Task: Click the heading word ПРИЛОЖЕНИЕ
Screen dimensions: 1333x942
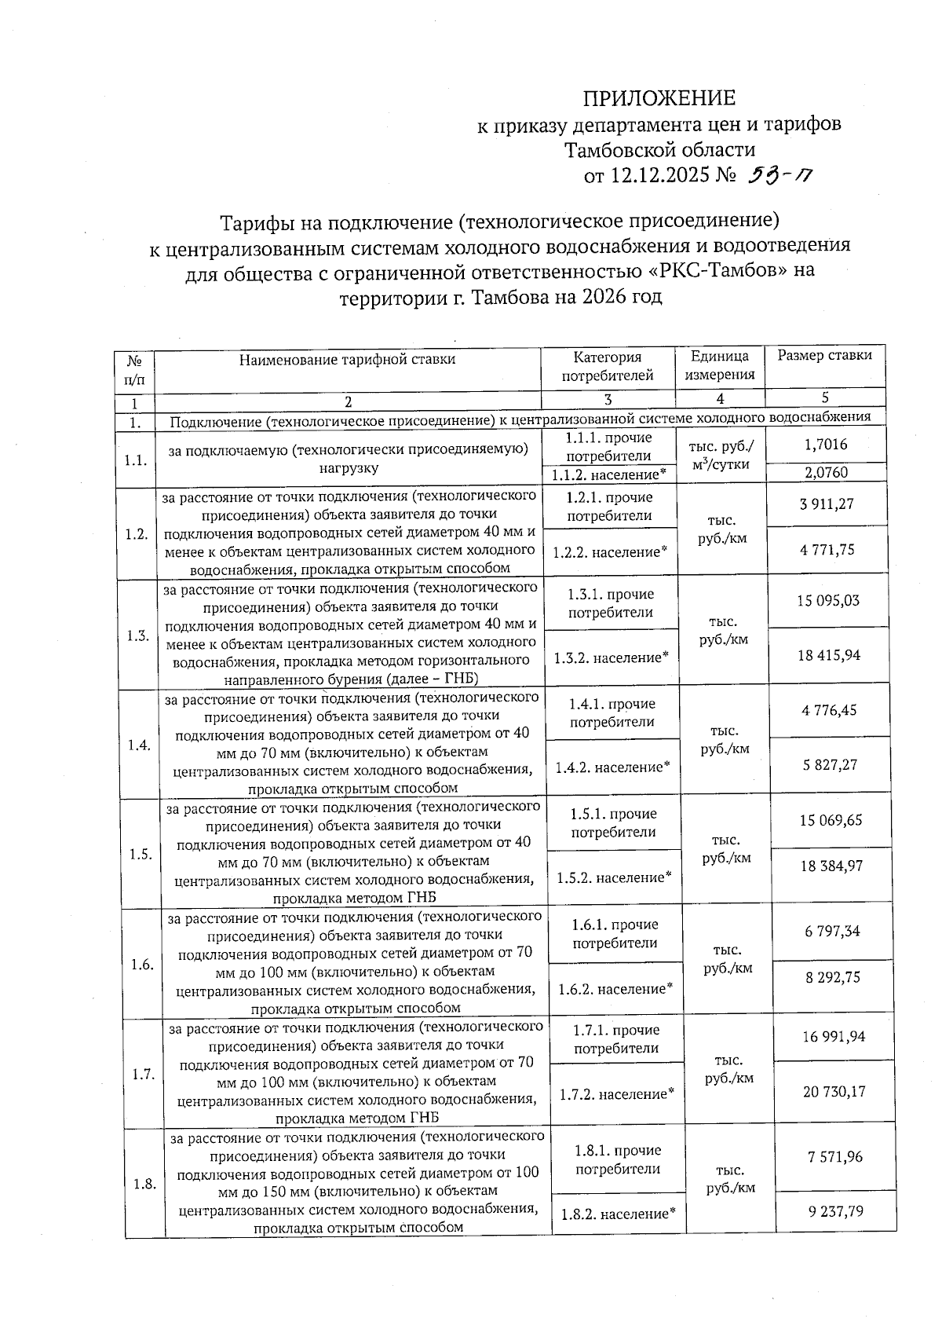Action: (x=659, y=98)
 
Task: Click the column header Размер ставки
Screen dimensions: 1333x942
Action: (x=824, y=356)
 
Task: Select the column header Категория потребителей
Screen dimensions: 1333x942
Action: (x=607, y=366)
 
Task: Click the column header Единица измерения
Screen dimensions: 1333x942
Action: (x=720, y=366)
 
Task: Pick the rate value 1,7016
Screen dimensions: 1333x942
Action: (x=826, y=445)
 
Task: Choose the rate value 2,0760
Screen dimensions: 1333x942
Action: (x=826, y=473)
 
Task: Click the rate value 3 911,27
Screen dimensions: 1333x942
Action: (x=827, y=504)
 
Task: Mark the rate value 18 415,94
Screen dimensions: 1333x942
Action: (x=829, y=655)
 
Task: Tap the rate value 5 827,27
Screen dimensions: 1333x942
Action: (x=830, y=764)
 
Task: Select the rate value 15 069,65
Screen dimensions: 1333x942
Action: (x=831, y=821)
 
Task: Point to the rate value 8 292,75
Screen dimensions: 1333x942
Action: (x=832, y=977)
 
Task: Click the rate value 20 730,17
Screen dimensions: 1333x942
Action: (x=834, y=1091)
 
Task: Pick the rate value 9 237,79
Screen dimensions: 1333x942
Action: (x=835, y=1211)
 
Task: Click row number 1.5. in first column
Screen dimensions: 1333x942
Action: (x=141, y=855)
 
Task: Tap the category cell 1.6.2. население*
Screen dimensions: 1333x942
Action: (x=615, y=989)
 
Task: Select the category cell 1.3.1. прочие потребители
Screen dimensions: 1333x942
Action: (x=610, y=603)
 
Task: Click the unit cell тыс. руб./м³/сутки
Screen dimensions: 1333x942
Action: (x=721, y=456)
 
